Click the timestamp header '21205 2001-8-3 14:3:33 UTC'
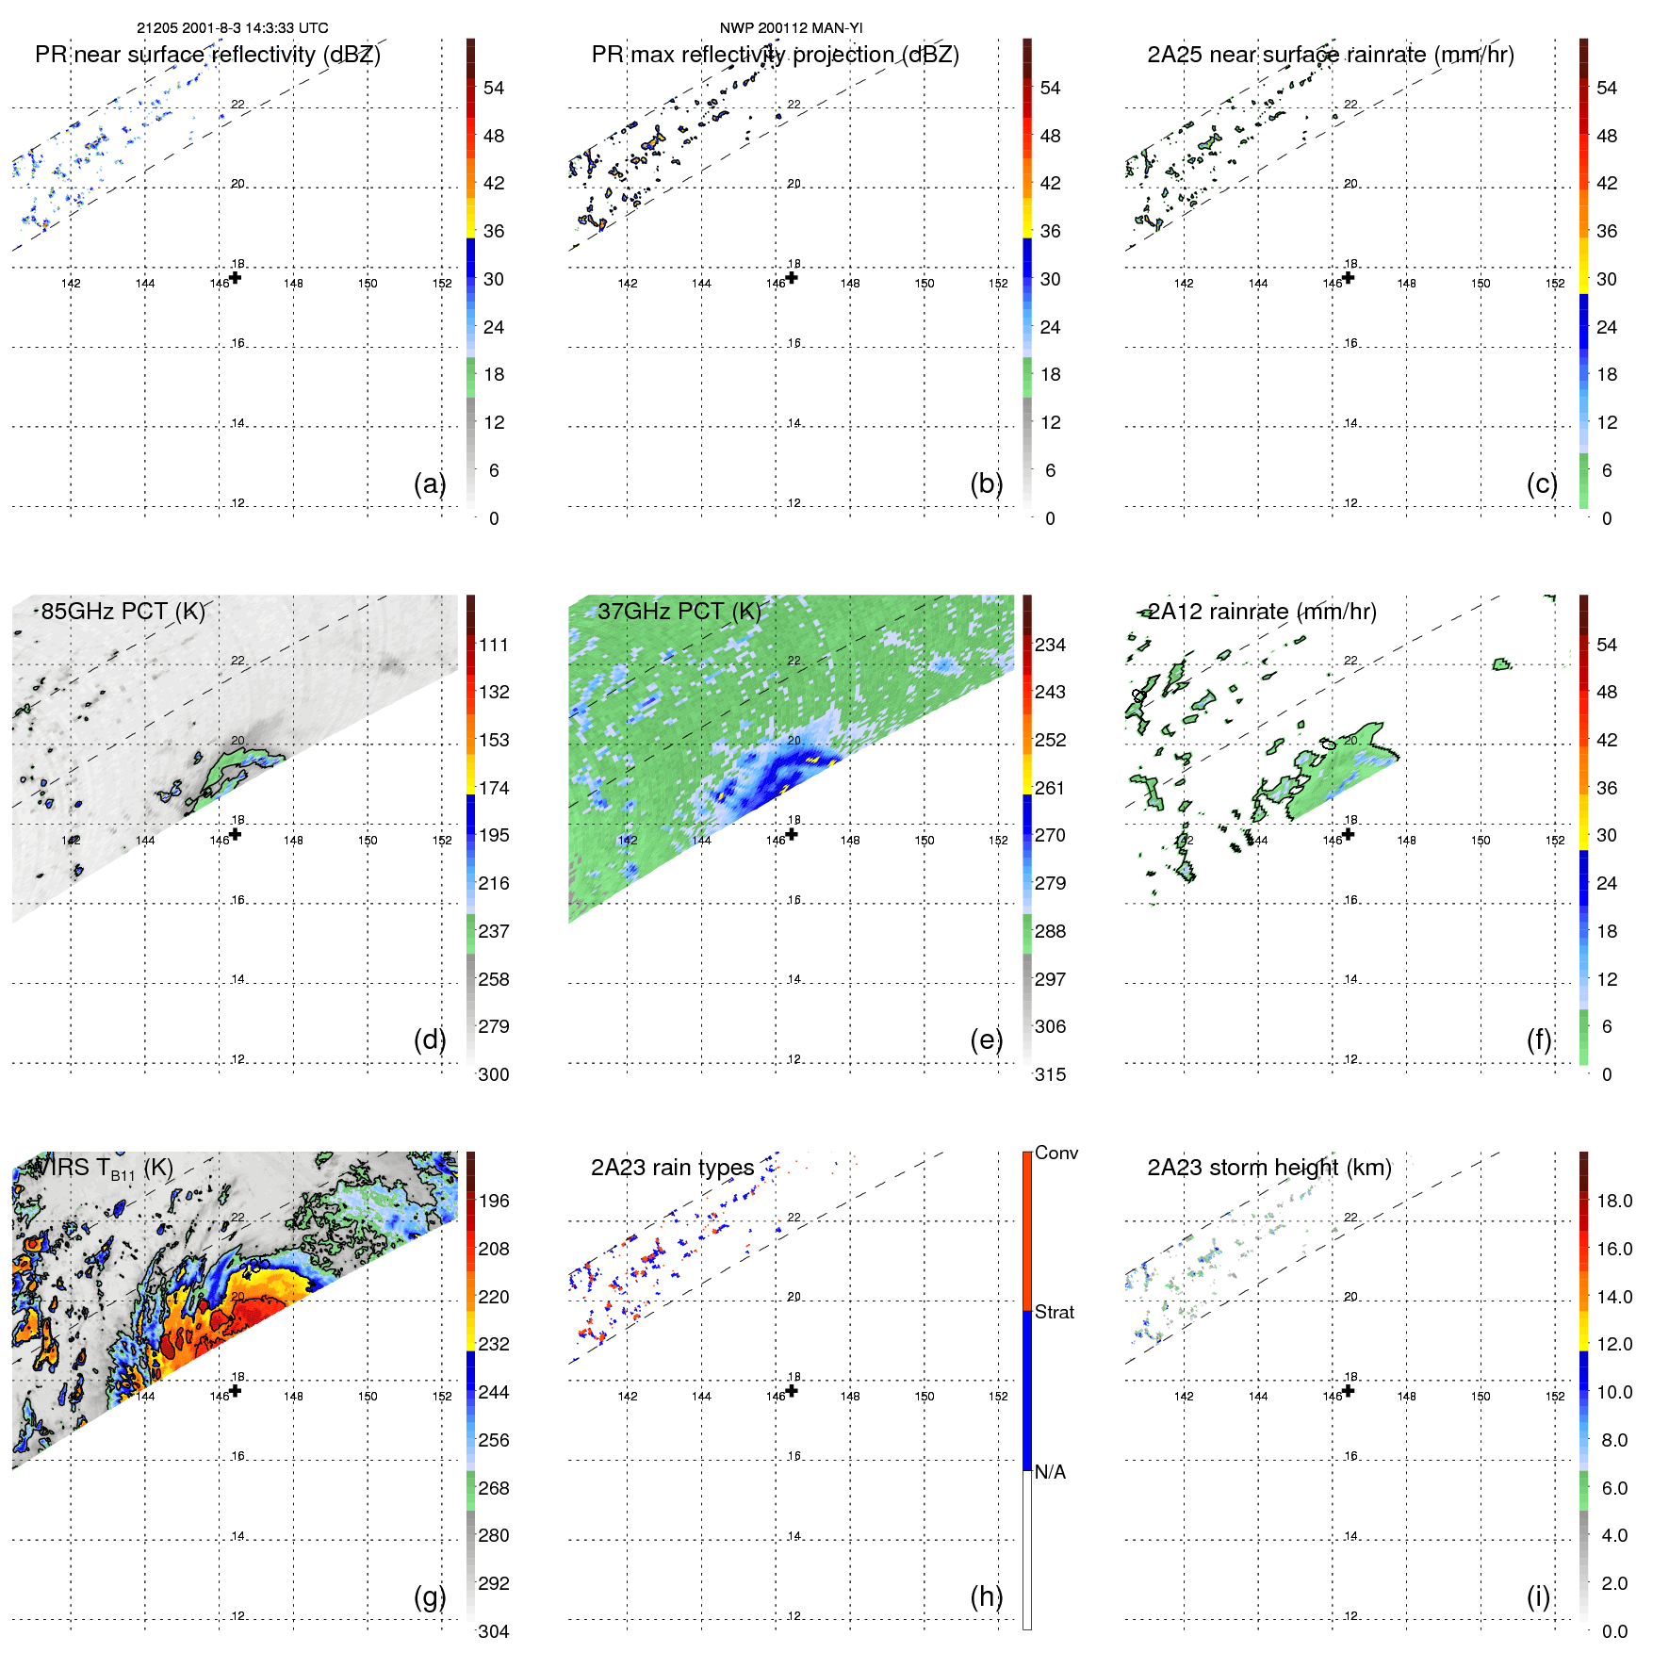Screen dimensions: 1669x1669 click(x=232, y=28)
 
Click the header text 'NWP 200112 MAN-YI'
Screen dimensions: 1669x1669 click(x=791, y=28)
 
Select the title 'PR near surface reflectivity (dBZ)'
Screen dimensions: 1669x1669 click(x=207, y=55)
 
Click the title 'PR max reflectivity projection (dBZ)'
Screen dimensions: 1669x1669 click(x=775, y=55)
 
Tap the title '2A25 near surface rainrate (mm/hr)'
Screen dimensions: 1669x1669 click(x=1330, y=55)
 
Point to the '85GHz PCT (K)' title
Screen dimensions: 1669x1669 click(x=123, y=612)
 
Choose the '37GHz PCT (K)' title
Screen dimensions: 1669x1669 click(x=679, y=612)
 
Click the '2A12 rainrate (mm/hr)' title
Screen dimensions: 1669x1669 click(x=1261, y=612)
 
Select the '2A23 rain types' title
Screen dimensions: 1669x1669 click(x=672, y=1168)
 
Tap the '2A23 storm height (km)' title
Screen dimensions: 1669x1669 click(x=1268, y=1168)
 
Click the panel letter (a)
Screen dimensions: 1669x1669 click(x=429, y=483)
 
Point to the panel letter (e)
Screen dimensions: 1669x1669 click(x=986, y=1039)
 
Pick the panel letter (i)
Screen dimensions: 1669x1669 click(x=1538, y=1596)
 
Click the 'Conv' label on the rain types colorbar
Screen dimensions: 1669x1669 click(x=1055, y=1153)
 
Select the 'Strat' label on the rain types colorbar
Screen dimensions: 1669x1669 click(x=1054, y=1312)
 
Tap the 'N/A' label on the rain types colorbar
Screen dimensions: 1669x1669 click(x=1050, y=1472)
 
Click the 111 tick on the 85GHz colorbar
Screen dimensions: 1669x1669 click(x=493, y=645)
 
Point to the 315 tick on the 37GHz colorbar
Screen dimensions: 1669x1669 click(x=1050, y=1074)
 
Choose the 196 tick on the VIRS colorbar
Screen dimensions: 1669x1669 click(x=493, y=1201)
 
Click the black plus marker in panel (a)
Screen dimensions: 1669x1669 click(x=236, y=277)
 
